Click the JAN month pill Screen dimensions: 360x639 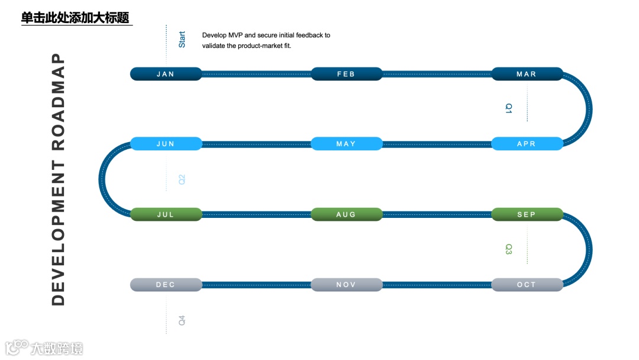(166, 74)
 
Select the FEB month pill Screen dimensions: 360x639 (346, 74)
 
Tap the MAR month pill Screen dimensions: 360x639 (527, 74)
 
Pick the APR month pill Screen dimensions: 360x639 (527, 144)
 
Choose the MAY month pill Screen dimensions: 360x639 (346, 144)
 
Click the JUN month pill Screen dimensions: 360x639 (166, 144)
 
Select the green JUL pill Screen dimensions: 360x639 (166, 214)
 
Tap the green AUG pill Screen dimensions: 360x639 (346, 214)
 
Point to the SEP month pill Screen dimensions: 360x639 (527, 214)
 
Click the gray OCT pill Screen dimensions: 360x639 (527, 285)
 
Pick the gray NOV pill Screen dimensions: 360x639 (346, 285)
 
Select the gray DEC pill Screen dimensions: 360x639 (166, 285)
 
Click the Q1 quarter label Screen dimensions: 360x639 (508, 108)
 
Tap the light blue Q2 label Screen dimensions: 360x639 (182, 179)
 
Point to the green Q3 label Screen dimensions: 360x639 (508, 249)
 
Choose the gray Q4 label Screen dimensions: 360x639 (182, 320)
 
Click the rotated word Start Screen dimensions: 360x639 (182, 40)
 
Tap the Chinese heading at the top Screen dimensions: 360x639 (75, 18)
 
